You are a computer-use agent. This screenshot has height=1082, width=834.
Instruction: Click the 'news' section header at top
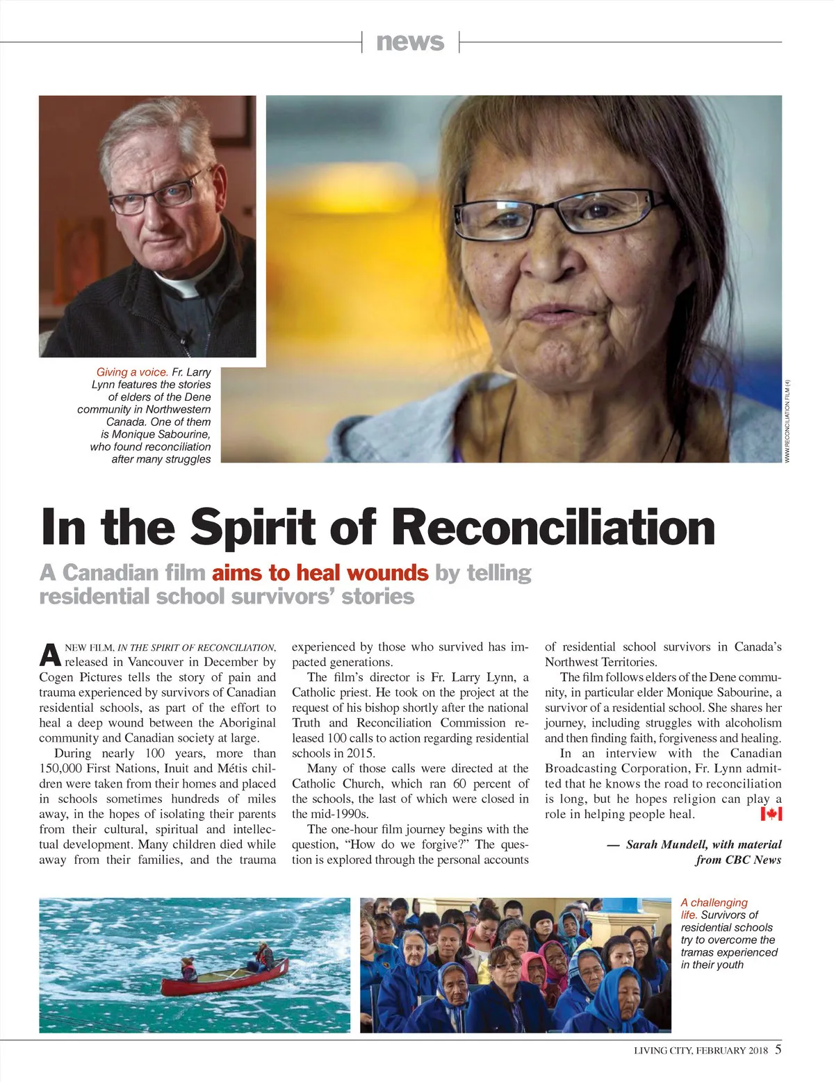point(410,42)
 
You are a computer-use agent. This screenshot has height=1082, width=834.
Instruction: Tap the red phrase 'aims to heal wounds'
point(320,573)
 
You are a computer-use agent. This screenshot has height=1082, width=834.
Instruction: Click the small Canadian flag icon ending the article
point(771,814)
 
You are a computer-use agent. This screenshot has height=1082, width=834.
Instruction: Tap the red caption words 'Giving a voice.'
point(132,372)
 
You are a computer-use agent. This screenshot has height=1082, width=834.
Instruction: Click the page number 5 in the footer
point(778,1049)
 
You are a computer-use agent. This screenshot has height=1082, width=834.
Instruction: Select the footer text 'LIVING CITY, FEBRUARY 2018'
point(701,1051)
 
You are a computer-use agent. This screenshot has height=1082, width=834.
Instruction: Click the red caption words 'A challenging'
point(714,903)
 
